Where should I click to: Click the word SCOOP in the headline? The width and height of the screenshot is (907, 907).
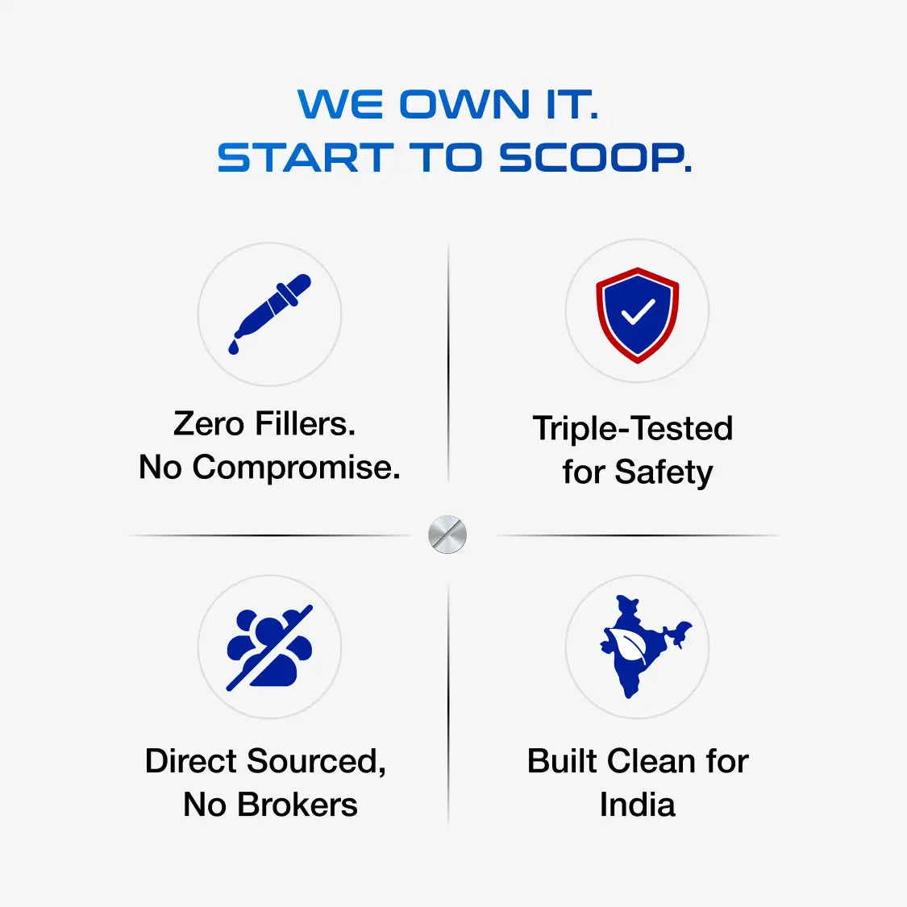coord(595,157)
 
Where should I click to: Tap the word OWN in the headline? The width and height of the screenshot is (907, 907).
coord(464,104)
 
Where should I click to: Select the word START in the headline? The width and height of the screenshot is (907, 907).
coord(306,157)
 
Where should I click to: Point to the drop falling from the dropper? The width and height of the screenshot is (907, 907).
coord(234,347)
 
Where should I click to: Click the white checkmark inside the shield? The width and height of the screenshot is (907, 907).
coord(638,312)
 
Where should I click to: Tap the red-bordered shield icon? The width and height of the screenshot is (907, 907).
coord(638,315)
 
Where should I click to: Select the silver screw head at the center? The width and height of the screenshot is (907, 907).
coord(447,535)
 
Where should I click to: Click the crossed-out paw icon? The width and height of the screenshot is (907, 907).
coord(269,647)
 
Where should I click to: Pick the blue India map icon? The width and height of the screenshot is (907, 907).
coord(641,646)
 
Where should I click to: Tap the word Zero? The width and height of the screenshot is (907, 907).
coord(209,424)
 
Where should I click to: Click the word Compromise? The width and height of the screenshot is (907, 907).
coord(296,468)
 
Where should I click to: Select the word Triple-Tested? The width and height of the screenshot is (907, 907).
coord(633,429)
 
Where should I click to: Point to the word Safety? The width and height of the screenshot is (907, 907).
coord(664,472)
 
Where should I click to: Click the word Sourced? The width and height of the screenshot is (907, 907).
coord(316,762)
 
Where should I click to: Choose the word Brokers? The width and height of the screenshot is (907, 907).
coord(297,805)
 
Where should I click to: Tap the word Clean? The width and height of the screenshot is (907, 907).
coord(651,761)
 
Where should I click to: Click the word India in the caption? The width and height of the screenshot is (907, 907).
coord(638,805)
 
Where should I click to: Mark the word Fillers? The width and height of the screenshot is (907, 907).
coord(306,424)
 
